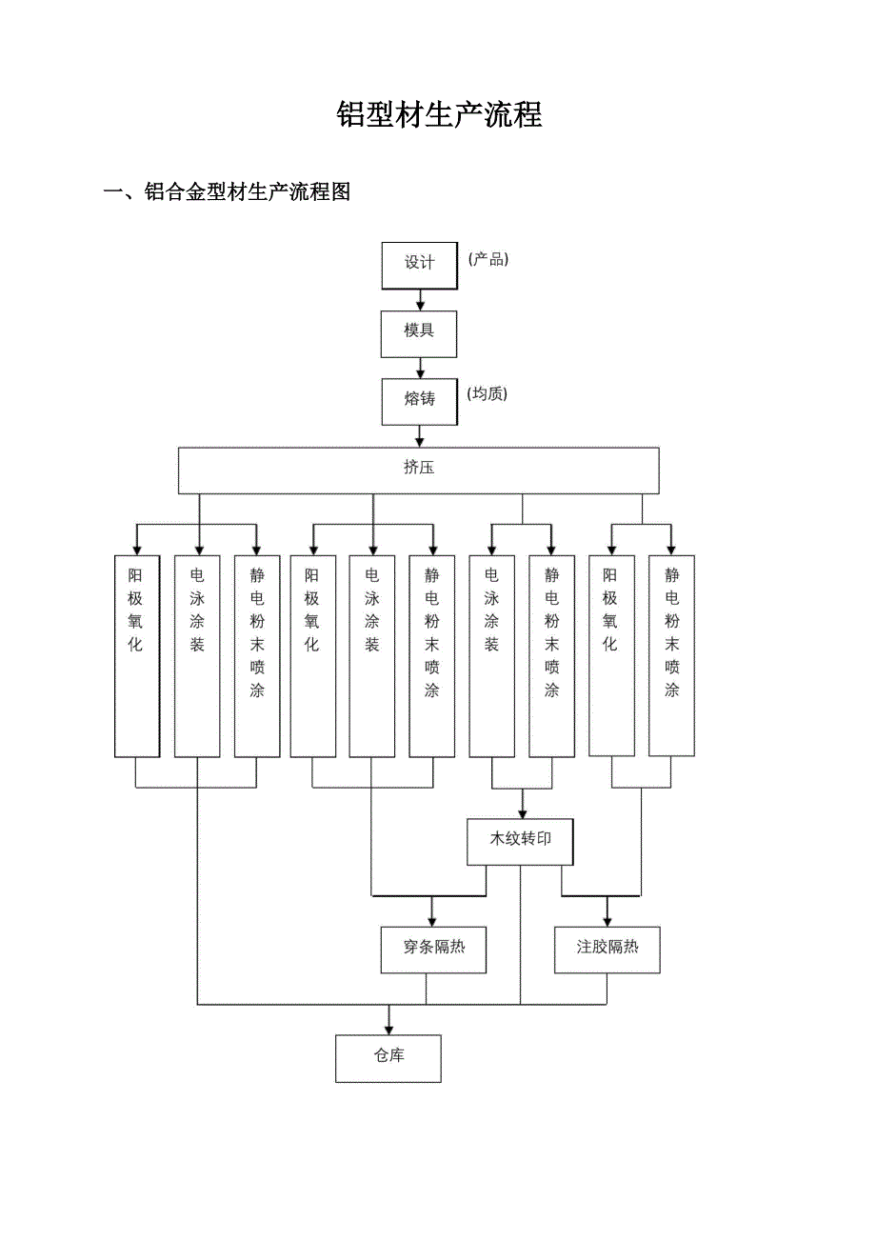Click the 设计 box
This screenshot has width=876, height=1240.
pos(419,265)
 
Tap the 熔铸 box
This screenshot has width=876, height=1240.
pos(419,401)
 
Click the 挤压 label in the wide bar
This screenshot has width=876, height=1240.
pos(419,468)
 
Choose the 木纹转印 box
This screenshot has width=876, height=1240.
pos(520,841)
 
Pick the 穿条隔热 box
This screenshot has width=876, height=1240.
pos(433,949)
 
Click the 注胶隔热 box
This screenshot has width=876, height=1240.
pos(607,949)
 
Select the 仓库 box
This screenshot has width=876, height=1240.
pos(388,1057)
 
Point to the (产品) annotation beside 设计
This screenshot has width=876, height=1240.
pos(488,260)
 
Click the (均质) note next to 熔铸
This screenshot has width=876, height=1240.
pos(488,394)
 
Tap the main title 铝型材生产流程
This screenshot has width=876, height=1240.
pos(439,115)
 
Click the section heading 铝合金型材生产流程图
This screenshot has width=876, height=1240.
pos(247,191)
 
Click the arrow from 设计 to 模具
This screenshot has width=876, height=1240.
pos(420,300)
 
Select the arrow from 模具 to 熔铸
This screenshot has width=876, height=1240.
pos(420,369)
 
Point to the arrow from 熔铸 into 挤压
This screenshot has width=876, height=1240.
pos(420,437)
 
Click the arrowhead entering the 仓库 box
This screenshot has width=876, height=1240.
pos(388,1028)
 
